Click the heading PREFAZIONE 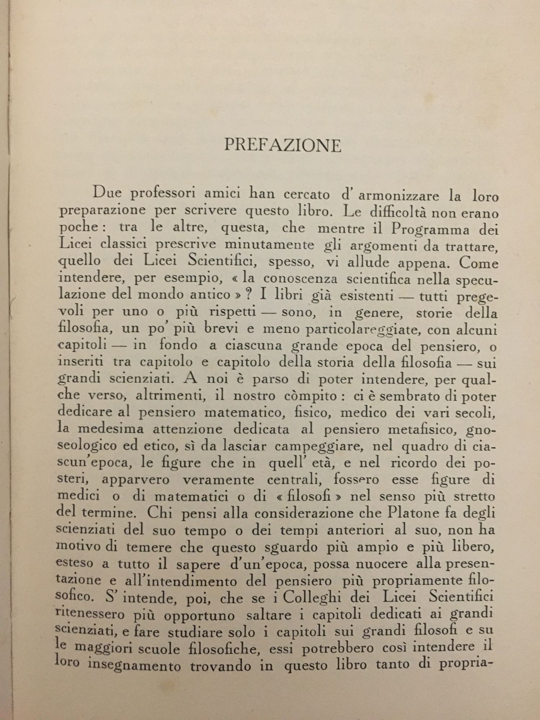283,145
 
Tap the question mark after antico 249,295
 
